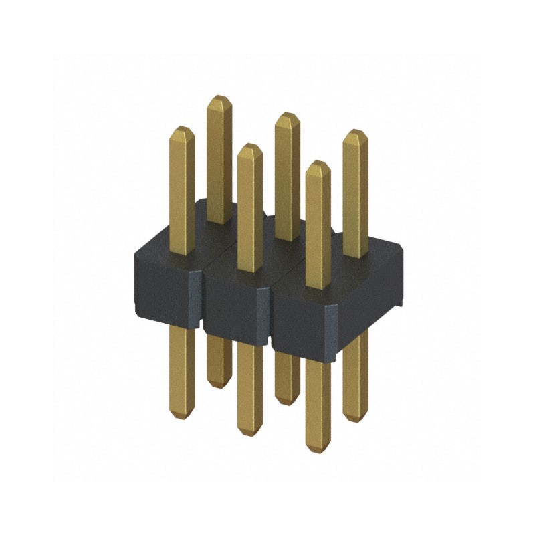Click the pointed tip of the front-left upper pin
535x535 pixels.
click(181, 128)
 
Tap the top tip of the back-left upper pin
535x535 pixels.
click(219, 98)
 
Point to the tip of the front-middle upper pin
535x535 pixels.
click(249, 146)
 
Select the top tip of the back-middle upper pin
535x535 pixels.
click(287, 114)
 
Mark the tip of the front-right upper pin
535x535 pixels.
click(318, 163)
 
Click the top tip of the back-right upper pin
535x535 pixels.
click(355, 132)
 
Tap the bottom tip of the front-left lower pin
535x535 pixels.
click(181, 418)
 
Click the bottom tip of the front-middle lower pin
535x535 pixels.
click(249, 435)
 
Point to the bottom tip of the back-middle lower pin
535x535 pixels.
click(286, 402)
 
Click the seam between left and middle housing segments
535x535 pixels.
click(203, 301)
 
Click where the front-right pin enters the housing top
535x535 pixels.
click(318, 288)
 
